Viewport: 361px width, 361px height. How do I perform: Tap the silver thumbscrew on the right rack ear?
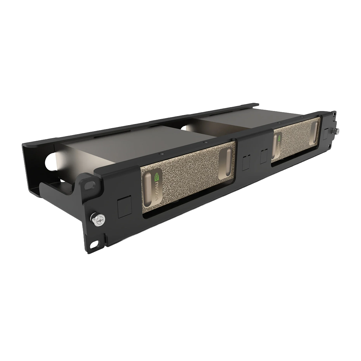coord(336,131)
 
